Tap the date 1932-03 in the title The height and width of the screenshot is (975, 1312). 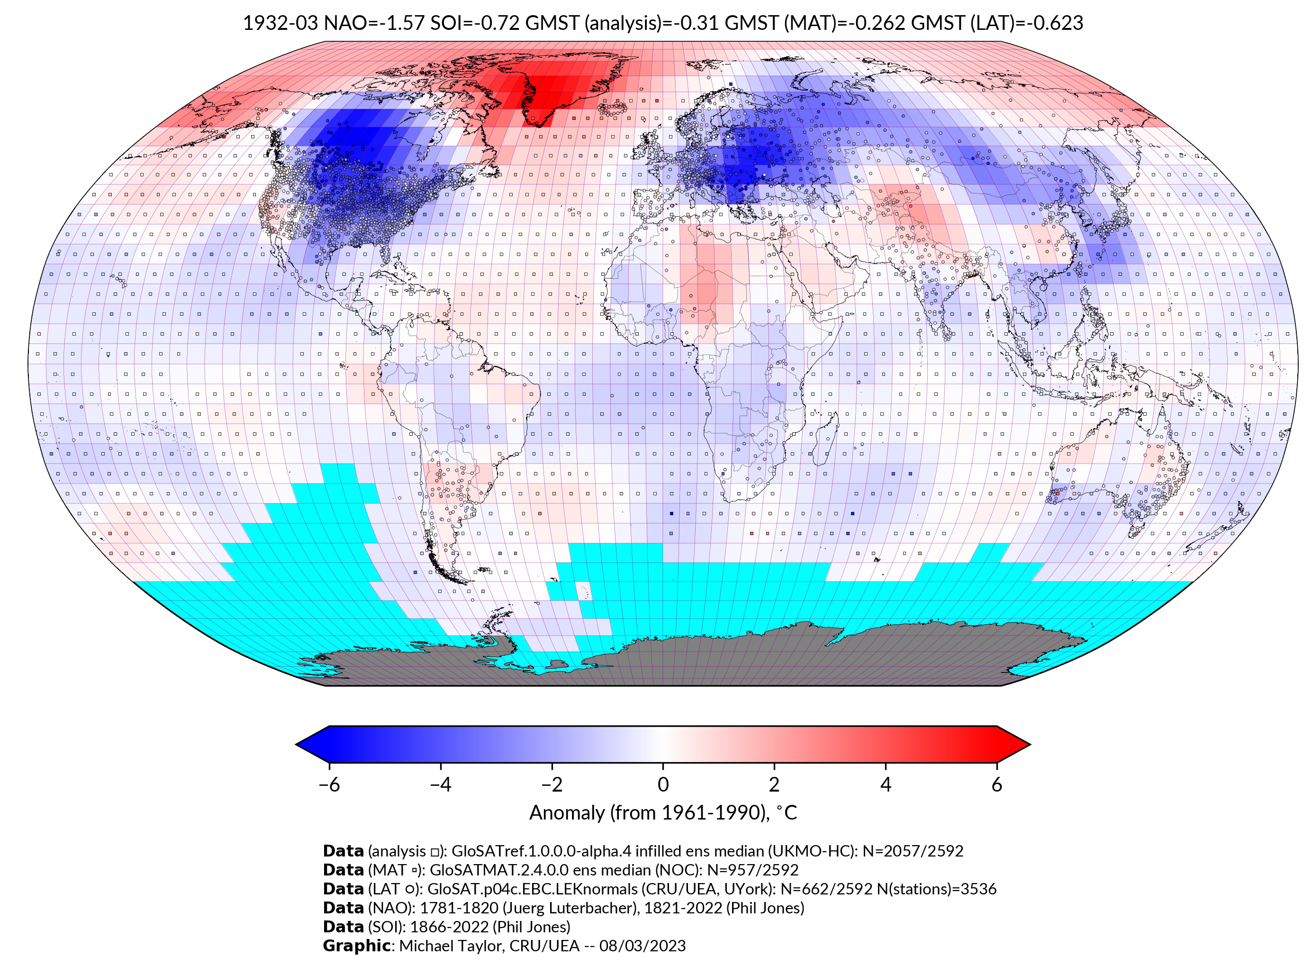(280, 23)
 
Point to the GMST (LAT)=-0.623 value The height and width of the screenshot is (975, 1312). (997, 23)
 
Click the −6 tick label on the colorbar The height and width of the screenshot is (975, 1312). (328, 784)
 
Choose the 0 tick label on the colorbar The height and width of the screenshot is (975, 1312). (662, 784)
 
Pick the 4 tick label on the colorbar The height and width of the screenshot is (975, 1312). (885, 784)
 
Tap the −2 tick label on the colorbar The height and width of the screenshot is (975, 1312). (552, 784)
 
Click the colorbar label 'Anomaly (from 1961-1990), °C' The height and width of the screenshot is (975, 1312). (662, 813)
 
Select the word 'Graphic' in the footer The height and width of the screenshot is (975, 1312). (356, 946)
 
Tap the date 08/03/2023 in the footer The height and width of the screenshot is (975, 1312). (642, 946)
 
